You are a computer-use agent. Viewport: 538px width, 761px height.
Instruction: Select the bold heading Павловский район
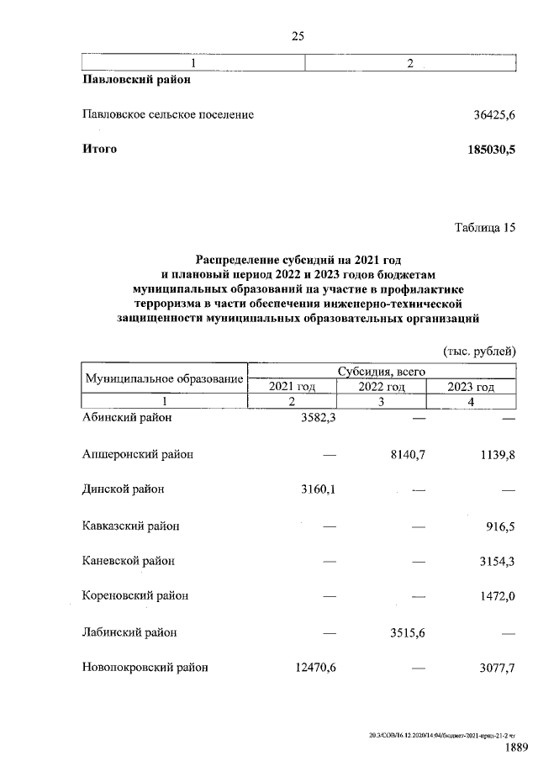point(136,81)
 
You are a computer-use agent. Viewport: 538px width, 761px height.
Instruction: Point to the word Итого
point(99,150)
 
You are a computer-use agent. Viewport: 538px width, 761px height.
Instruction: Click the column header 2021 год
point(292,387)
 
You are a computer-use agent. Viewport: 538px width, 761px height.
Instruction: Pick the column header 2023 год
point(471,387)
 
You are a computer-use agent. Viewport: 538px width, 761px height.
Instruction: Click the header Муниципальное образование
point(164,378)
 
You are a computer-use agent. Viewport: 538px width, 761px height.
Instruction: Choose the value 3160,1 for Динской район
point(317,489)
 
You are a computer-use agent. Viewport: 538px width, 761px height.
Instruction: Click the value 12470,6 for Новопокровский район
point(314,668)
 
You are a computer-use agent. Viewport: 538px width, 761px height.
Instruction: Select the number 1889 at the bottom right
point(515,748)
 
